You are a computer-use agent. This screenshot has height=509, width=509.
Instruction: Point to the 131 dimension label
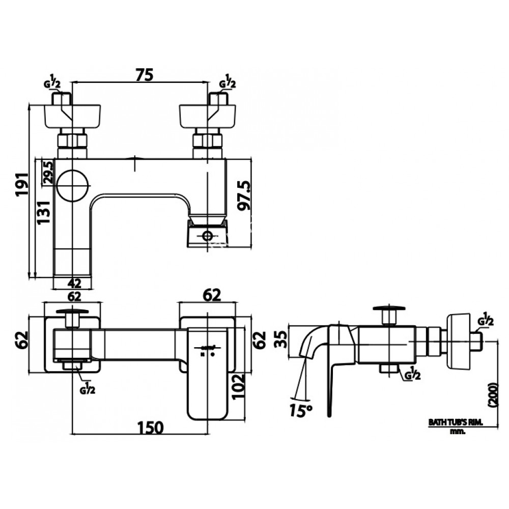44,212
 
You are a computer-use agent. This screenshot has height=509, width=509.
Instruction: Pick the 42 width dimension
74,283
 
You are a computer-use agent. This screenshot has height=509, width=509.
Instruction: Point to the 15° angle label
301,409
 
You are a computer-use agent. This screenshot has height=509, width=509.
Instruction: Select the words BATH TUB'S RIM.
455,422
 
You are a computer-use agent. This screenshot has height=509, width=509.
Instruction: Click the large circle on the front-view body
73,184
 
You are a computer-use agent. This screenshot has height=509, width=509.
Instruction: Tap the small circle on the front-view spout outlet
207,236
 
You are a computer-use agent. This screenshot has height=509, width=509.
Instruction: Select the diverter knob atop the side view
389,308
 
